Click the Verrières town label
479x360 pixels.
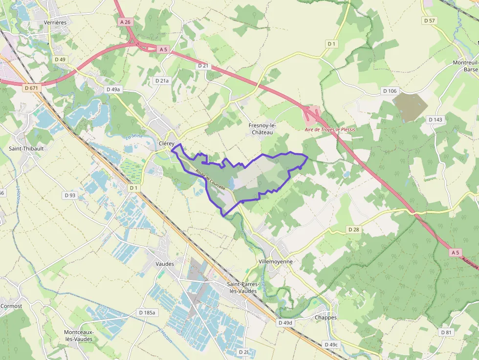coord(55,22)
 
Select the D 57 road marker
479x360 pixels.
coord(429,21)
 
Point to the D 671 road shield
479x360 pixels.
coord(30,88)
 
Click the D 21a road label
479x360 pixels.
coord(161,81)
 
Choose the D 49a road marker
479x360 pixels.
coord(113,89)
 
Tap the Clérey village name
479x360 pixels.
coord(166,143)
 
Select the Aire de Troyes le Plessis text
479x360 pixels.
coord(330,129)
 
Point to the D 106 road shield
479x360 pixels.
coord(390,91)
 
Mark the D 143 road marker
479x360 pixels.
coord(435,120)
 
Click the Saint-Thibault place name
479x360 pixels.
coord(26,148)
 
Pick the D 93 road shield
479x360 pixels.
coord(70,195)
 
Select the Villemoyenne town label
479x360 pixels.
coord(275,261)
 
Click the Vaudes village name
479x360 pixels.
coord(165,264)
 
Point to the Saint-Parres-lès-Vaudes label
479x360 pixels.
coord(242,287)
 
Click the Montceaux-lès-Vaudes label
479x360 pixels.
coord(78,336)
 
